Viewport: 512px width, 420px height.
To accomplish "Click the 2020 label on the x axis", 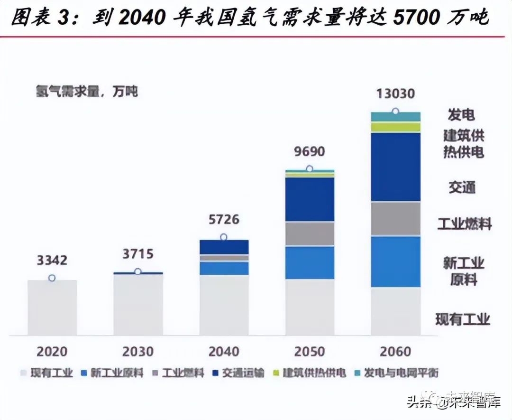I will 52,352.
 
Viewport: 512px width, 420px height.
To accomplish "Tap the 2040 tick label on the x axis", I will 224,352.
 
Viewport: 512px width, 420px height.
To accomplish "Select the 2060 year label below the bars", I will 395,352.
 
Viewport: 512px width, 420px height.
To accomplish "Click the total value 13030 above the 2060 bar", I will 395,93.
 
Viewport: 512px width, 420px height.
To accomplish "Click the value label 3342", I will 52,261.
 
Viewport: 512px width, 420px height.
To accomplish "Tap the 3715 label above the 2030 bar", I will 137,254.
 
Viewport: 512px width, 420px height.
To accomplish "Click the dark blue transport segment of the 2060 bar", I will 395,167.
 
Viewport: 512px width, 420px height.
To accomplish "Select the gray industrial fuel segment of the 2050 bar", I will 310,233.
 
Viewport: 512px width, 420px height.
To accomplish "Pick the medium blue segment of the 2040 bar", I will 224,268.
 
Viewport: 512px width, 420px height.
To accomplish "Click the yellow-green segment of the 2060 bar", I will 395,127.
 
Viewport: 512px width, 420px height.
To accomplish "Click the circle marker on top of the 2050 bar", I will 310,168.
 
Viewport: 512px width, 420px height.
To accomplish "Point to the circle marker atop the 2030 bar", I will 138,271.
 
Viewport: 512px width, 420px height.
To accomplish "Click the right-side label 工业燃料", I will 464,224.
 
